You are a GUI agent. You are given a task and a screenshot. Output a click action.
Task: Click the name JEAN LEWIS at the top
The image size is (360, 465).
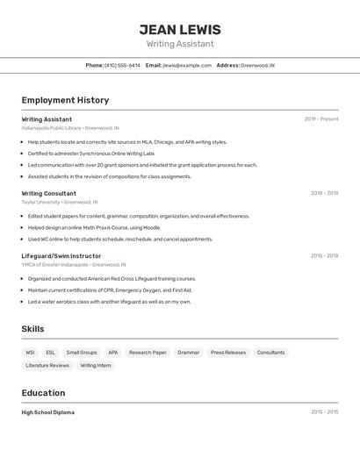pyautogui.click(x=180, y=30)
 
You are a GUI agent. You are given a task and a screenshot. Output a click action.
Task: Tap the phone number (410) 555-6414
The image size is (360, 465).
pyautogui.click(x=122, y=65)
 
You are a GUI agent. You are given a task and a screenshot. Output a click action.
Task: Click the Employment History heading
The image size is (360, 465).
pyautogui.click(x=65, y=100)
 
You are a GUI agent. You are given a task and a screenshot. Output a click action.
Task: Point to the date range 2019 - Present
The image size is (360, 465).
pyautogui.click(x=321, y=118)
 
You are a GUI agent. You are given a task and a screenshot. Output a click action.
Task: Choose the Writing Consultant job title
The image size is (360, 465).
pyautogui.click(x=49, y=193)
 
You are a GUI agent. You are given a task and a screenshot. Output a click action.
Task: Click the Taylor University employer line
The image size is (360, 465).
pyautogui.click(x=60, y=202)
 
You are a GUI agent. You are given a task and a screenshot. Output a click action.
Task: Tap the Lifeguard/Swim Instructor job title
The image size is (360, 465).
pyautogui.click(x=61, y=255)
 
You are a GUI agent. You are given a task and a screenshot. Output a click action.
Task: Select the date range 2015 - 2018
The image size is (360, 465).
pyautogui.click(x=324, y=255)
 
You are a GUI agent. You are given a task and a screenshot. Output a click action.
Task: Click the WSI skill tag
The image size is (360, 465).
pyautogui.click(x=31, y=352)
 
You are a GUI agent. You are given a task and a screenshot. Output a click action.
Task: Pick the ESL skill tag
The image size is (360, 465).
pyautogui.click(x=50, y=352)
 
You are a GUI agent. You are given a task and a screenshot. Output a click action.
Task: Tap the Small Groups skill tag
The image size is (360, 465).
pyautogui.click(x=82, y=352)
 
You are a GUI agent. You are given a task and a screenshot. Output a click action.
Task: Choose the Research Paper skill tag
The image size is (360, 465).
pyautogui.click(x=148, y=352)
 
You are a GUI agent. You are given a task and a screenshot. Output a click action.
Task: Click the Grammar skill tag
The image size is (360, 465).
pyautogui.click(x=189, y=352)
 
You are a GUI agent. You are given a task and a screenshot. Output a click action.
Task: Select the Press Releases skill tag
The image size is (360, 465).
pyautogui.click(x=228, y=352)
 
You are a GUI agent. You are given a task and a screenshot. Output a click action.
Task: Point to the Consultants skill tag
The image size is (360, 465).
pyautogui.click(x=270, y=352)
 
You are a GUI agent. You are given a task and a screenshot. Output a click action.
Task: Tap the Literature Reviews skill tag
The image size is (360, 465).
pyautogui.click(x=47, y=365)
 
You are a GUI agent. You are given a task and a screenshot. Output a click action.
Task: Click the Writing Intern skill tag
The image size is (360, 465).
pyautogui.click(x=96, y=365)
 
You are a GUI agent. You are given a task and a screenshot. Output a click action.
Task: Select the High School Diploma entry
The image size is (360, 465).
pyautogui.click(x=48, y=411)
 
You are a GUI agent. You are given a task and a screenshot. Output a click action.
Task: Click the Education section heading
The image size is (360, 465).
pyautogui.click(x=44, y=393)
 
